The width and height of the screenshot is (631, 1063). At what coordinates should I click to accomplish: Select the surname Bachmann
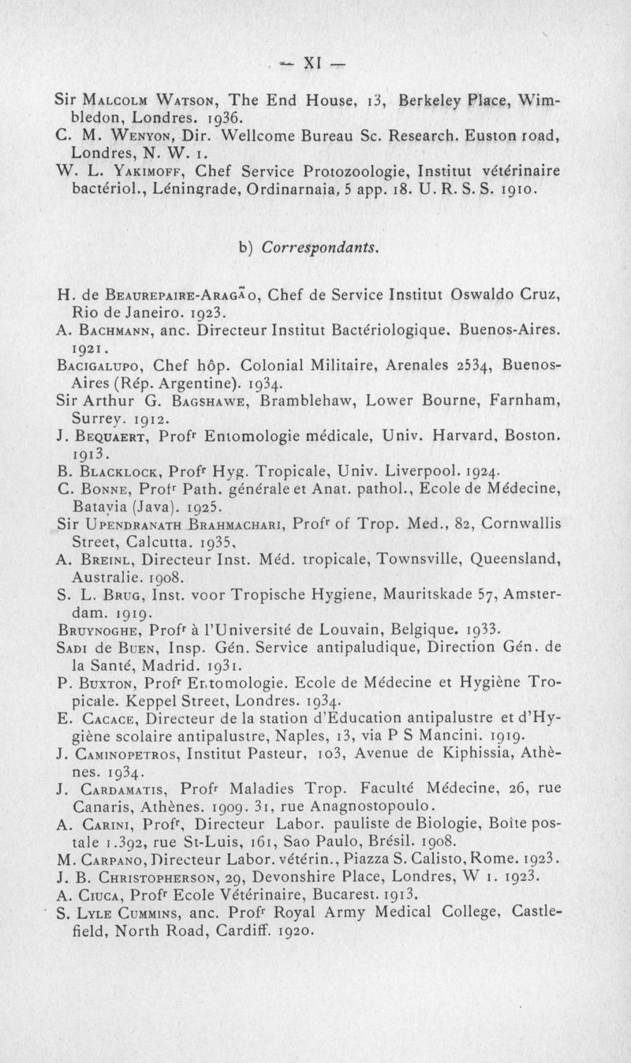click(x=110, y=313)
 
